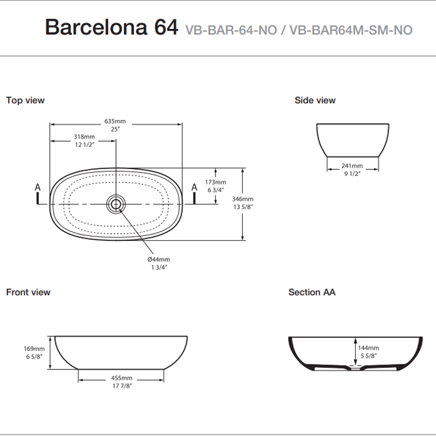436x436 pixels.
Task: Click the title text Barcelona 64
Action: (111, 27)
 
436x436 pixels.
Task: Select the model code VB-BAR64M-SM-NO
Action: (352, 30)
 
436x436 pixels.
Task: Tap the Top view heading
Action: (25, 100)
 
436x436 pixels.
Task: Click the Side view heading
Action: (315, 100)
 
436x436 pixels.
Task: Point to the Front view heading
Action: (28, 292)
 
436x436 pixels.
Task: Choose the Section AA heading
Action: (312, 292)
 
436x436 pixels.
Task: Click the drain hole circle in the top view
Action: (116, 204)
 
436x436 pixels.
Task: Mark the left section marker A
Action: (38, 188)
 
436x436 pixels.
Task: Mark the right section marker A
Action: (193, 188)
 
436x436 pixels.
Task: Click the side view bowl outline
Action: (354, 140)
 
